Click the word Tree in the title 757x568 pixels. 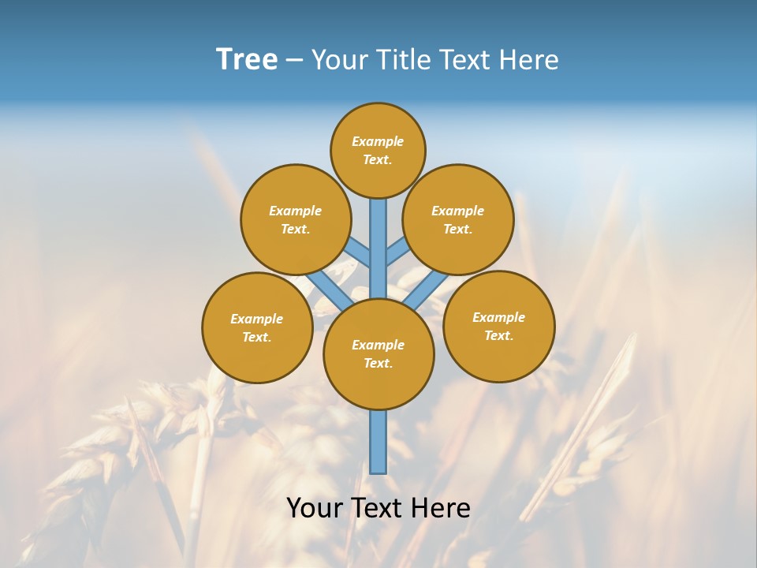pyautogui.click(x=247, y=60)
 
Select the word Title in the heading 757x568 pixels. pyautogui.click(x=402, y=60)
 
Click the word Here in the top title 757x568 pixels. pyautogui.click(x=531, y=60)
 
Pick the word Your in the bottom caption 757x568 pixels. pyautogui.click(x=314, y=508)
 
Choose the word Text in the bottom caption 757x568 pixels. pyautogui.click(x=378, y=508)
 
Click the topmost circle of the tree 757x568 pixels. pyautogui.click(x=378, y=150)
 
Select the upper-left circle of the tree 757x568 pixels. pyautogui.click(x=296, y=219)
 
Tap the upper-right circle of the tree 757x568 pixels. pyautogui.click(x=458, y=219)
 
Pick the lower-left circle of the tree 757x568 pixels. pyautogui.click(x=257, y=327)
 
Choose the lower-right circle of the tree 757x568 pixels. pyautogui.click(x=498, y=326)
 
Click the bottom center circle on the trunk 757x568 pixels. pyautogui.click(x=378, y=354)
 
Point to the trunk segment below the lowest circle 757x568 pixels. pyautogui.click(x=378, y=442)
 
